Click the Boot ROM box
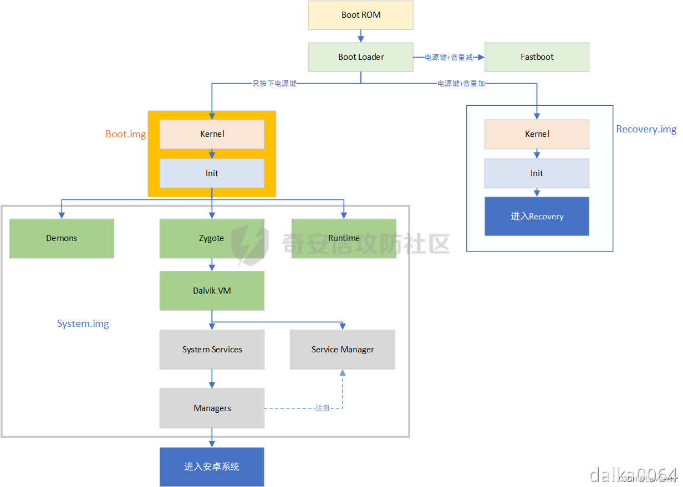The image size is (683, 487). pos(361,15)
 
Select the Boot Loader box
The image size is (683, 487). pos(361,57)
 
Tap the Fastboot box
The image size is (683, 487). pos(537,57)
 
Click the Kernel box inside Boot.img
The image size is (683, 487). pos(212,134)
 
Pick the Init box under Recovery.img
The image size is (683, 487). pos(537,173)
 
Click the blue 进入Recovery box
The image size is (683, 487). pos(537,216)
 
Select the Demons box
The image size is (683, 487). pos(62,238)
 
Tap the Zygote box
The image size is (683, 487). pos(212,238)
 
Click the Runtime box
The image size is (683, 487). pos(344,238)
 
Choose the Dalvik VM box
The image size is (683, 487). pos(212,290)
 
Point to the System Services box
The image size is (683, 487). pos(212,350)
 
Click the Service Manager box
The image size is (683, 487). pos(343,350)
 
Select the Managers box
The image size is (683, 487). pos(212,408)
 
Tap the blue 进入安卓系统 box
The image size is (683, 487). pos(212,467)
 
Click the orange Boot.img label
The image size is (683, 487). pos(126,134)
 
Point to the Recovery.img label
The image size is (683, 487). pos(646,129)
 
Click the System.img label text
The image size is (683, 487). pos(83,324)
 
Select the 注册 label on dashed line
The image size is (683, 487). pos(323,408)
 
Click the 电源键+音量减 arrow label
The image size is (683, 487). pos(449,58)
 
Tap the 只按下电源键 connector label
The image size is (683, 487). pos(274,84)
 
